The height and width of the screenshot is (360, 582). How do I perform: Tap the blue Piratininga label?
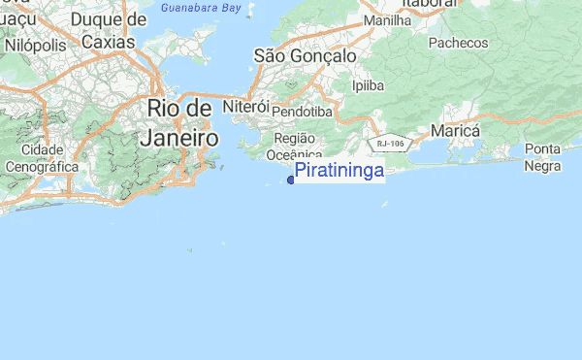coord(339,171)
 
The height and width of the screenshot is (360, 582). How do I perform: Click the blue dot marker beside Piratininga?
coord(291,180)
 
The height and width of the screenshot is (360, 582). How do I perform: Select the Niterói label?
coord(245,105)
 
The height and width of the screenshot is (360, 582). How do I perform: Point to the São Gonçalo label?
coord(305,56)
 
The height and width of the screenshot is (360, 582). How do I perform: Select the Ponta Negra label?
coord(542,157)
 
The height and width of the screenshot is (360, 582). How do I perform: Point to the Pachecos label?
coord(457,43)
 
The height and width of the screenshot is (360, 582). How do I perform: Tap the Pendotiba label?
coord(302,112)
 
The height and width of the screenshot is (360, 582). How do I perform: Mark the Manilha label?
coord(386,19)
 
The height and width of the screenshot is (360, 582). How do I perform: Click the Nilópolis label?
coord(35,45)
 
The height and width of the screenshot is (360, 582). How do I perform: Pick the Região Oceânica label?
coord(293,146)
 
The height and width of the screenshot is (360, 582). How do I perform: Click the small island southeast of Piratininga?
coord(385,205)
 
